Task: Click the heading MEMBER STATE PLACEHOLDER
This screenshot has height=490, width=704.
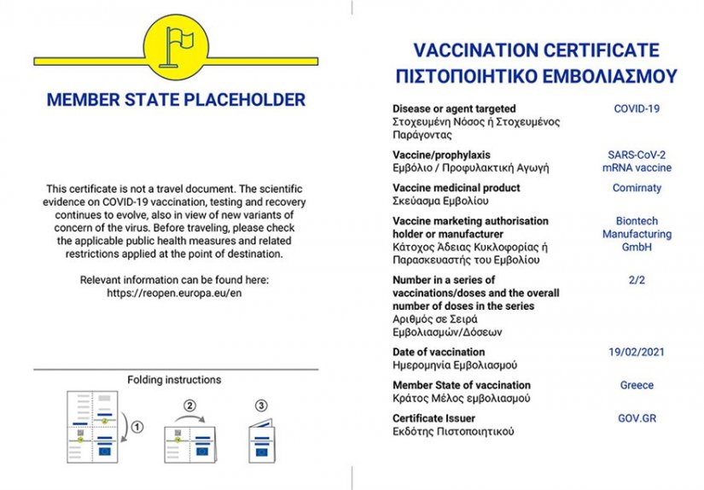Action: tap(176, 100)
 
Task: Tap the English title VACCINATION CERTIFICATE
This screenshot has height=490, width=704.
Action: tap(536, 49)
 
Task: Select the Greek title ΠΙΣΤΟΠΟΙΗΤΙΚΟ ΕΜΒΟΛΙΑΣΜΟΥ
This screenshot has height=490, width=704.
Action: tap(536, 76)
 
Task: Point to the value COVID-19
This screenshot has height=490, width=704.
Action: tap(637, 109)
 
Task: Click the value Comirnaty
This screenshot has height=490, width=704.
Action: tap(637, 188)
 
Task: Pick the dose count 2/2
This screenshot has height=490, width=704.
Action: tap(637, 280)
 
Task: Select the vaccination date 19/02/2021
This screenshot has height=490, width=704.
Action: tap(637, 352)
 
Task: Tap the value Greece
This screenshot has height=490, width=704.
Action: tap(637, 385)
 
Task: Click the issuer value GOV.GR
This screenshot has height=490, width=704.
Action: tap(637, 418)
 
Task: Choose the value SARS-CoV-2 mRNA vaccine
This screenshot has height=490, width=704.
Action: tap(637, 161)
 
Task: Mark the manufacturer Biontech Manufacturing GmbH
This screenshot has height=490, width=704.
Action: tap(637, 234)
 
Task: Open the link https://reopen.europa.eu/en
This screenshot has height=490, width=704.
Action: tap(175, 293)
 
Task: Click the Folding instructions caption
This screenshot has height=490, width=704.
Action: tap(174, 380)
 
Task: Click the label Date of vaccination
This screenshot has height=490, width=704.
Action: tap(439, 352)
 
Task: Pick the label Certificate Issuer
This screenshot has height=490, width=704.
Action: tap(434, 418)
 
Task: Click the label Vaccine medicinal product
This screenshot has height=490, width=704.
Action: tap(456, 188)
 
